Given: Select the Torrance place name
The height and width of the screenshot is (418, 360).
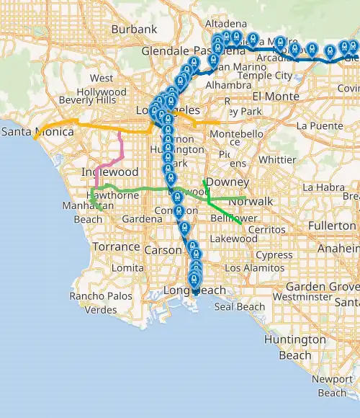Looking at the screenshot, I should [x=114, y=246].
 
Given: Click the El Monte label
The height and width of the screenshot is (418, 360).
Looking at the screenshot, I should [x=271, y=96].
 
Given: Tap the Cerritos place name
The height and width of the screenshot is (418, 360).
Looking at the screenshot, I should [x=261, y=229].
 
